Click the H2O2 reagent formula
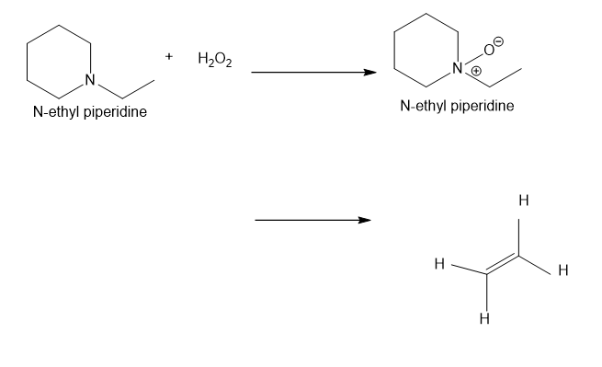215,60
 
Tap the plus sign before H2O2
169,56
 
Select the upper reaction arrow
313,72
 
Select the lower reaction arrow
312,220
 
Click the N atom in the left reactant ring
90,80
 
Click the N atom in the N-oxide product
458,68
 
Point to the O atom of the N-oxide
489,50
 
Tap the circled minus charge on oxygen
498,40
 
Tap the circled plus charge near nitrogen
476,71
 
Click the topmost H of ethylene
524,201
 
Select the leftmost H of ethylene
439,264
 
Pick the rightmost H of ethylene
563,270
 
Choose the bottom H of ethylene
484,318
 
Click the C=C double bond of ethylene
503,264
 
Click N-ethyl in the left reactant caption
56,112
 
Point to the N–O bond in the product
474,59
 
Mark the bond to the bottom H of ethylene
486,292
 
